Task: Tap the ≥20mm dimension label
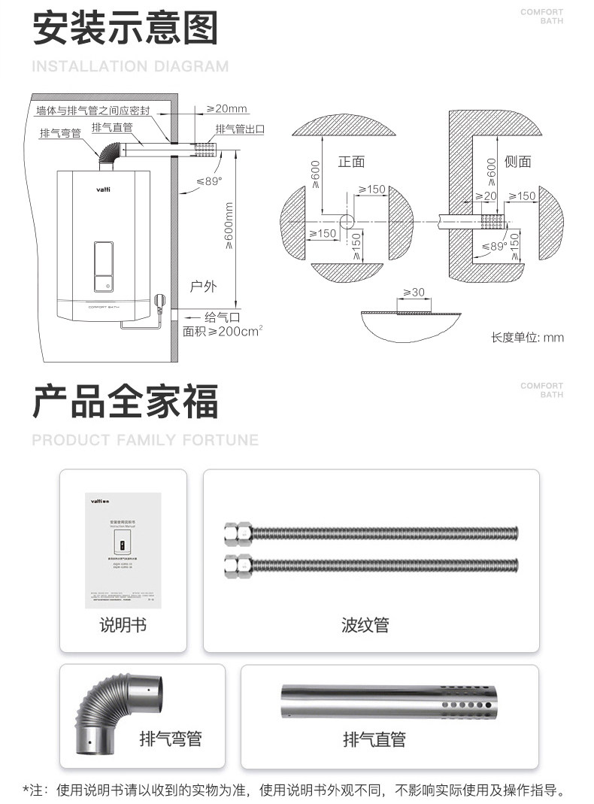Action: tap(227, 109)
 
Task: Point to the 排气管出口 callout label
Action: tap(240, 129)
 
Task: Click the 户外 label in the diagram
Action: tap(203, 286)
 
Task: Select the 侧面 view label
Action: tap(518, 162)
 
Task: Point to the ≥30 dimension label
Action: tap(414, 292)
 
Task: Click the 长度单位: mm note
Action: tap(527, 337)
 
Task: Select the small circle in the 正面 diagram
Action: tap(347, 222)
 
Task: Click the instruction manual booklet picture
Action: tap(123, 550)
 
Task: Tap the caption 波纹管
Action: tap(365, 625)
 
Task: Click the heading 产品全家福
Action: tap(125, 400)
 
